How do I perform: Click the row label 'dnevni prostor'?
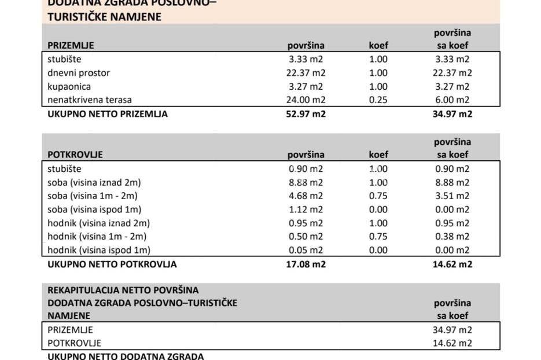(79, 73)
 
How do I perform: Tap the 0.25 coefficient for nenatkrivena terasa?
(378, 100)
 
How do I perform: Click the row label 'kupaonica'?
(69, 87)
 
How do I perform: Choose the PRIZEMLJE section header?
(71, 45)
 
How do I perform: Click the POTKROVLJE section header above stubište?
(75, 155)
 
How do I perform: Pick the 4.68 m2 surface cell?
(306, 196)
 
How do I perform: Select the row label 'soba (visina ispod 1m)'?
(95, 210)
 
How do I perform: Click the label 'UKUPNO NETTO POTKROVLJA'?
(112, 265)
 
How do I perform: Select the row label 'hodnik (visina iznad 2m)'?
(98, 223)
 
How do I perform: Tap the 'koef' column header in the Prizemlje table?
(378, 45)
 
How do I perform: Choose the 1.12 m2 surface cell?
(306, 210)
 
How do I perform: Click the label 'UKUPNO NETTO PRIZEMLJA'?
(108, 114)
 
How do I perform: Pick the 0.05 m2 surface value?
(306, 250)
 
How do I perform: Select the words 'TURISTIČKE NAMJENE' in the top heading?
(104, 17)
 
